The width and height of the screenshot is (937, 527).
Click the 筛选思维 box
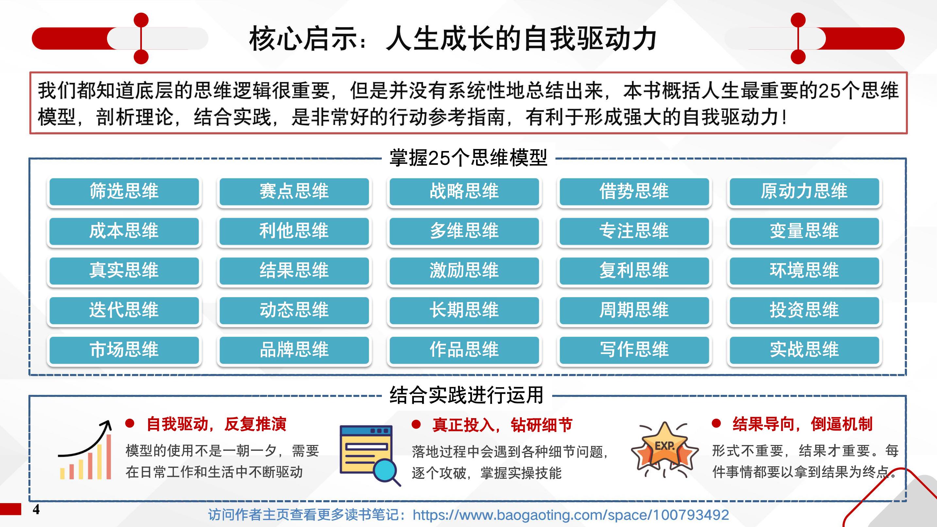(124, 192)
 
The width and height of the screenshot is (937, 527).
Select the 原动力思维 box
(804, 192)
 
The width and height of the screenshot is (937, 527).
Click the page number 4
(36, 510)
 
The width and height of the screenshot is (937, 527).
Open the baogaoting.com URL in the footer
(571, 515)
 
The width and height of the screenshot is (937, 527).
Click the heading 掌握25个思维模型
(468, 158)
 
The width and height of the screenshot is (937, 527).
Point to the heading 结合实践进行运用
(467, 395)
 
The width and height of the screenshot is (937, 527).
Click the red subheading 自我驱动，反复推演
(216, 424)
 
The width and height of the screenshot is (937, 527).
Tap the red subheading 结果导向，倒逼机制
(802, 424)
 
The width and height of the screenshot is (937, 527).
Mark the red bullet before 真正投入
(416, 424)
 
